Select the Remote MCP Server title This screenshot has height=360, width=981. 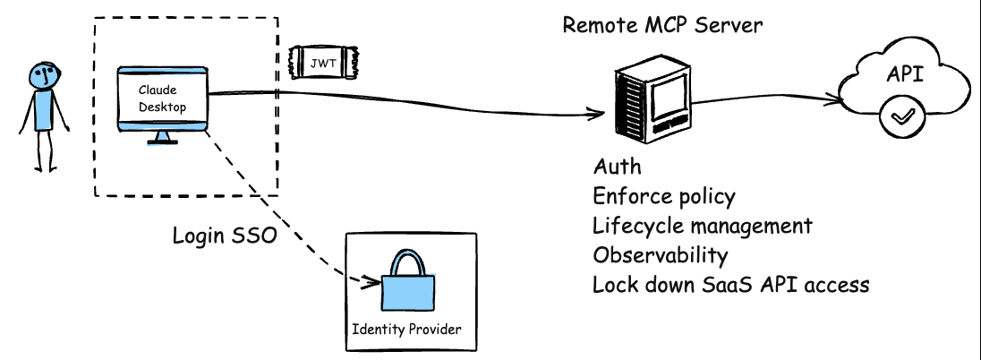(662, 24)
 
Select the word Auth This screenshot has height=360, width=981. (618, 167)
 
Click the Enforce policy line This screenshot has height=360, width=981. (663, 197)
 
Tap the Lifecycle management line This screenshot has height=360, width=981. (703, 226)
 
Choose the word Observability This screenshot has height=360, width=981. (660, 255)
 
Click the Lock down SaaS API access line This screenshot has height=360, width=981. (730, 285)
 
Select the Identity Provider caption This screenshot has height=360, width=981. (407, 330)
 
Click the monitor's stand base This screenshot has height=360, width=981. (163, 141)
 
